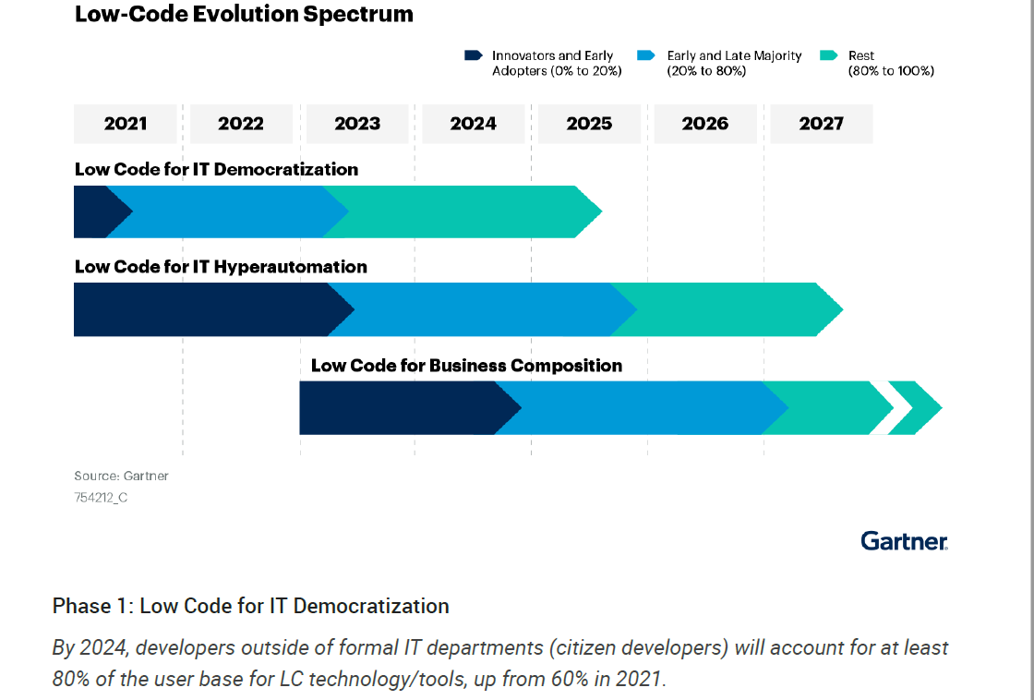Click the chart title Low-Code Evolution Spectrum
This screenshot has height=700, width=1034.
[244, 15]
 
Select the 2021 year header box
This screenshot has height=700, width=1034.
[126, 124]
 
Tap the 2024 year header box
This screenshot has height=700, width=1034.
[473, 124]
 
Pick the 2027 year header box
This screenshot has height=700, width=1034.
[821, 124]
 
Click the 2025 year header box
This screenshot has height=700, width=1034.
[589, 124]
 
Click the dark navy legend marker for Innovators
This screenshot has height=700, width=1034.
[474, 56]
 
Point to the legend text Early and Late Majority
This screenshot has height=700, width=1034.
[734, 56]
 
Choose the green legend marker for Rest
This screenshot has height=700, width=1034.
[829, 56]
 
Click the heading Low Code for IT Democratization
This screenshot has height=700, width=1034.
[216, 170]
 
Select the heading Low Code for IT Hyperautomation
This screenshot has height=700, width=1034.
[221, 267]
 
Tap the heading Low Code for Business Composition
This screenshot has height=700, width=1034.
[466, 366]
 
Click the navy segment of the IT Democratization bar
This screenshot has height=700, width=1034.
[92, 211]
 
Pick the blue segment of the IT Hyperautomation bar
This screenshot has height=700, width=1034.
[480, 309]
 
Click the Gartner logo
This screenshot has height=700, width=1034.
[904, 540]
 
